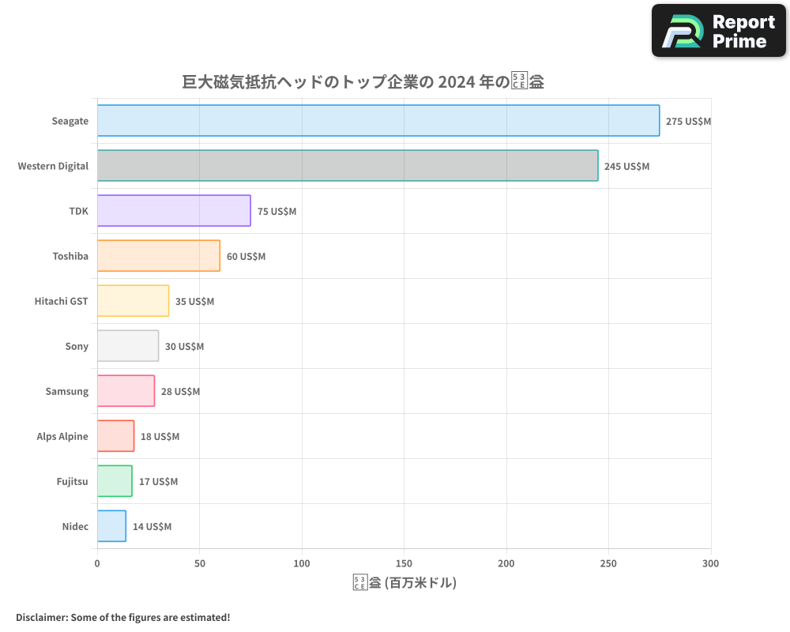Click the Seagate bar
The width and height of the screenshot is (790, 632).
(x=378, y=121)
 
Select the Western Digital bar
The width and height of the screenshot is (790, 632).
(x=348, y=166)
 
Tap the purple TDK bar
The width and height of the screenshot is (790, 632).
(x=174, y=211)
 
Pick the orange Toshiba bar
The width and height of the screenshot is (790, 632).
(x=159, y=256)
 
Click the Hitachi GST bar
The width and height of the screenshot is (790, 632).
(x=133, y=301)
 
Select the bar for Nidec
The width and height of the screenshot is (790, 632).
(x=111, y=526)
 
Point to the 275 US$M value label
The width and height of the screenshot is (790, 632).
(x=688, y=122)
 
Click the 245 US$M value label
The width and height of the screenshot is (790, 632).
(x=626, y=167)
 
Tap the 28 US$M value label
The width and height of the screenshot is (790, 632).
(x=180, y=392)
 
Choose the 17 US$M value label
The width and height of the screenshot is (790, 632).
(x=158, y=482)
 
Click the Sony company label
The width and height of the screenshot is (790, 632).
(x=77, y=346)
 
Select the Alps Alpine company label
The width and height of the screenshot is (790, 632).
(x=62, y=436)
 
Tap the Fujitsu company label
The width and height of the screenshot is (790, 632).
(x=72, y=481)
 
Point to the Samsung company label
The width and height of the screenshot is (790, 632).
(x=67, y=391)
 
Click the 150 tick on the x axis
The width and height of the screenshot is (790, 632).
(x=404, y=563)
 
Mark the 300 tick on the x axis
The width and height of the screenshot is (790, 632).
(x=710, y=563)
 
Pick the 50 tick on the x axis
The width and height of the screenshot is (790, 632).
(x=199, y=563)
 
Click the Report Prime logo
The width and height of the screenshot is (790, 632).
(x=718, y=31)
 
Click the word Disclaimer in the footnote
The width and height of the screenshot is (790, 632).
(x=40, y=617)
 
